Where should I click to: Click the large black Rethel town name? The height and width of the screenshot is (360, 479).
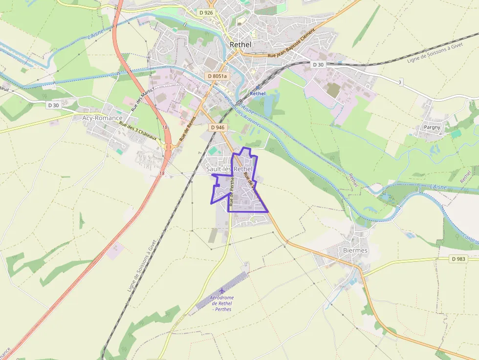[x=240, y=44]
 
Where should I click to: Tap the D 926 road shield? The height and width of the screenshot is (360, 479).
[x=206, y=12]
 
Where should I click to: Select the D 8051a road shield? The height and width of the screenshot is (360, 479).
[x=217, y=76]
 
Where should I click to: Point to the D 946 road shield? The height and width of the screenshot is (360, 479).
[x=218, y=127]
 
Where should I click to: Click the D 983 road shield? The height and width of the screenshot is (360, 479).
[x=459, y=259]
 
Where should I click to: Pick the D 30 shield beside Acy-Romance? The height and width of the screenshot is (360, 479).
[x=53, y=105]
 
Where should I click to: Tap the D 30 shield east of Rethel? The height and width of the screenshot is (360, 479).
[x=318, y=64]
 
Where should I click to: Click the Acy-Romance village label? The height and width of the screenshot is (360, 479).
[x=102, y=118]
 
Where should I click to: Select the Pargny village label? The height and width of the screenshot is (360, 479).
[x=432, y=127]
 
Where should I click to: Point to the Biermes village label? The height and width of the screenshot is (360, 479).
[x=355, y=250]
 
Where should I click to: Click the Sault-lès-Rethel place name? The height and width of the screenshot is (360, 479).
[x=229, y=169]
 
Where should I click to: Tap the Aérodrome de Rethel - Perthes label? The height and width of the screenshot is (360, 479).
[x=221, y=303]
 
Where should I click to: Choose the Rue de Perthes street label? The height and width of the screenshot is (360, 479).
[x=232, y=191]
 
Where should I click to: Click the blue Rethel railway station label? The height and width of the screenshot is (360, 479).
[x=258, y=93]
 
